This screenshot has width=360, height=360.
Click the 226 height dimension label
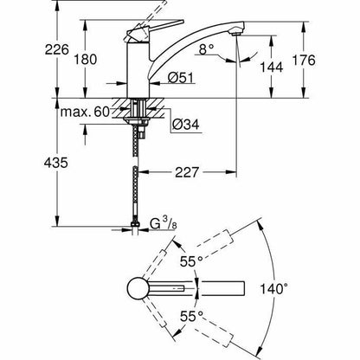click(57, 49)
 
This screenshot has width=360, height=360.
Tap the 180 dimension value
click(86, 60)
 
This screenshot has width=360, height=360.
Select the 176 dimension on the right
click(304, 60)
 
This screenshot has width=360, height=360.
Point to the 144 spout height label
click(272, 67)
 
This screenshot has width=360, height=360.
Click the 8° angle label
click(207, 49)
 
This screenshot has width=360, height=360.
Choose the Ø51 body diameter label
click(181, 78)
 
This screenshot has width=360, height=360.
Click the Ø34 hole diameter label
click(186, 125)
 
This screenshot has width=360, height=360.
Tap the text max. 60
click(85, 112)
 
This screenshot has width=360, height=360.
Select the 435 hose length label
click(56, 163)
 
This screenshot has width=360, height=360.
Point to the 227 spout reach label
click(187, 172)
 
